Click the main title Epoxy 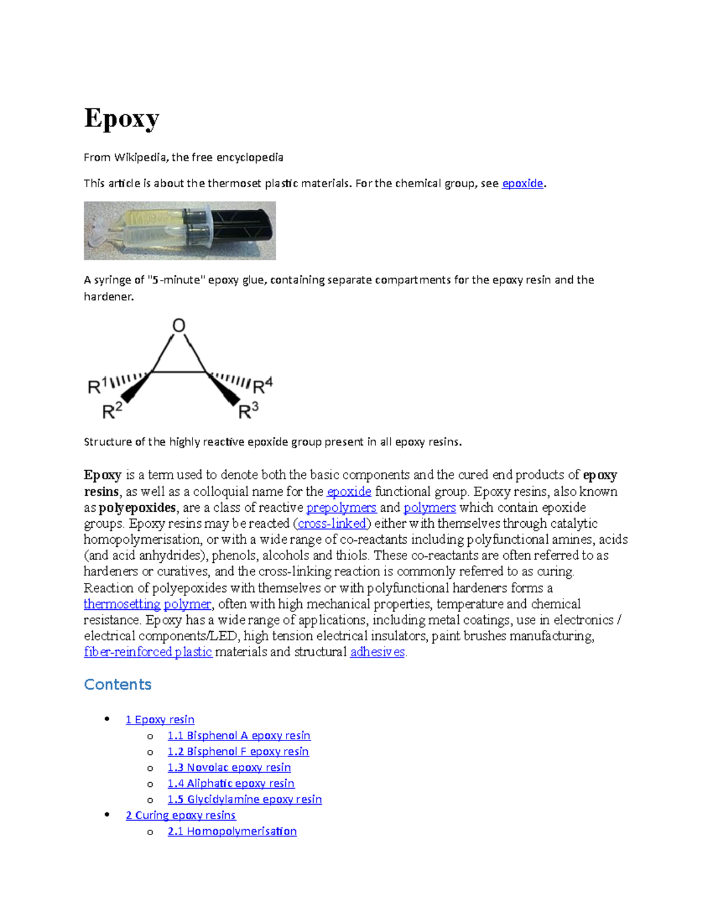(122, 119)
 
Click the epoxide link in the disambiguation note (522, 184)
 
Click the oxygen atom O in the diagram (179, 326)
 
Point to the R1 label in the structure (97, 386)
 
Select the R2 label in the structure (112, 411)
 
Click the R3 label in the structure (248, 411)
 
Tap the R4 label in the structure (263, 386)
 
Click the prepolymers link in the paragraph (341, 508)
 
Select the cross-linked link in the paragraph (332, 524)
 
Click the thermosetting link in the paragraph (122, 604)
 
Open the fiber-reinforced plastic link (148, 652)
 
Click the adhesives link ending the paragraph (377, 652)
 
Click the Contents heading (118, 685)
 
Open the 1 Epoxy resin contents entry (160, 720)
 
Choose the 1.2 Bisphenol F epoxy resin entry (238, 752)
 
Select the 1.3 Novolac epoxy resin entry (229, 768)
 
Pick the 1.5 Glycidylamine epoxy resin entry (244, 799)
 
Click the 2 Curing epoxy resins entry (181, 815)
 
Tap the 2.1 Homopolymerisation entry (232, 831)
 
